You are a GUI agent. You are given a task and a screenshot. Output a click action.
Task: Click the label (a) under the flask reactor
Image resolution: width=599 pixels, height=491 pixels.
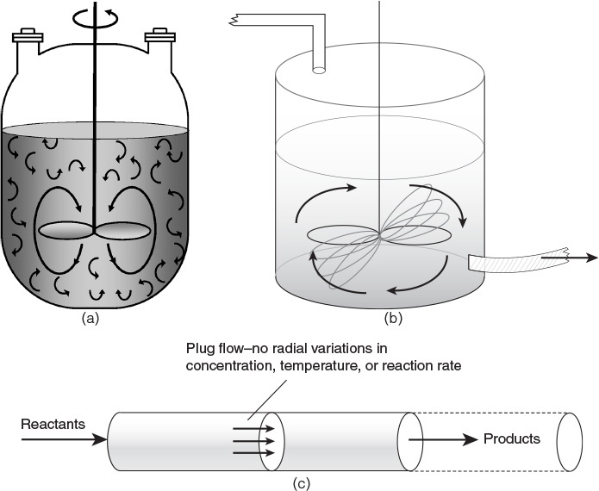90,318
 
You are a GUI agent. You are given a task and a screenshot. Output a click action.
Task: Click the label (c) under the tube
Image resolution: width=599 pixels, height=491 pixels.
302,483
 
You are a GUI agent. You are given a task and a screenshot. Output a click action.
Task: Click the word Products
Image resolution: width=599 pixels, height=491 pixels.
511,439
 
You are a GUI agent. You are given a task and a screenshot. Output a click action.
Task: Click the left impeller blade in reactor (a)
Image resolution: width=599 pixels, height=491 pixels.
65,231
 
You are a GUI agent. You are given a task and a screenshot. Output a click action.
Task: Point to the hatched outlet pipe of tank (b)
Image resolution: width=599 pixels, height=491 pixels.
509,261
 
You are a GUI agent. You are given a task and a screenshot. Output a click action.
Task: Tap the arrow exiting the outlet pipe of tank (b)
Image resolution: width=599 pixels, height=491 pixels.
569,256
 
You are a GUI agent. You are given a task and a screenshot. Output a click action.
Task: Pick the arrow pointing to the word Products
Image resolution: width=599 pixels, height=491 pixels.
444,439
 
